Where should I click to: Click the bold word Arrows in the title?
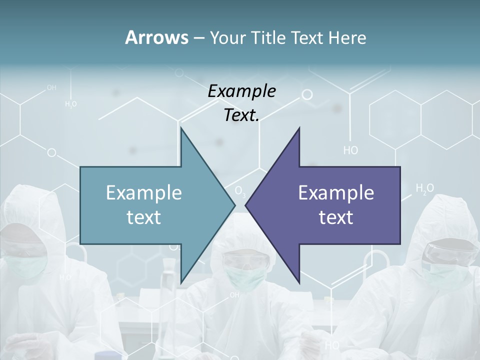pos(156,37)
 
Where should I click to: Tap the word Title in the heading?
pos(269,37)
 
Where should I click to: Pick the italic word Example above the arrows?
pos(241,91)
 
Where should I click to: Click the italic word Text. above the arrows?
pos(241,115)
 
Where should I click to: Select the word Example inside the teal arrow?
pos(144,192)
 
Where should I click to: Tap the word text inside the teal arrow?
pos(144,217)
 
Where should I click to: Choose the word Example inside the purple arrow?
pos(336,192)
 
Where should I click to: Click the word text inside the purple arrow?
pos(336,217)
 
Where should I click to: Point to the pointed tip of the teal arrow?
pos(234,204)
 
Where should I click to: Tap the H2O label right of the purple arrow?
pos(425,188)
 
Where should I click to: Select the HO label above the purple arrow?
pos(350,150)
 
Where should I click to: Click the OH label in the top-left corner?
pos(51,87)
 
